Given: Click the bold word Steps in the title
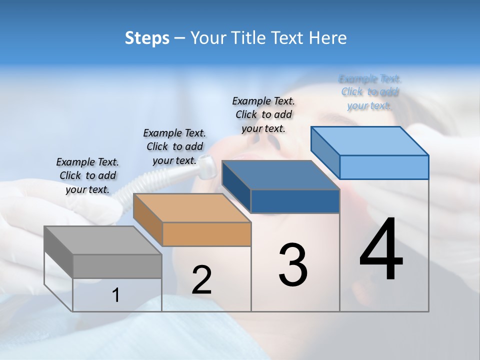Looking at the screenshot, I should [x=147, y=38].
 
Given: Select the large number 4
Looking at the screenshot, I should [x=381, y=250].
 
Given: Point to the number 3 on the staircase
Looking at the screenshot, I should [x=293, y=265].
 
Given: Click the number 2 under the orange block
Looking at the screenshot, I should [x=201, y=280].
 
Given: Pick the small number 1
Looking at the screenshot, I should [x=116, y=295].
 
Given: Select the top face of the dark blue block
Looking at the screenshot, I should [x=280, y=175].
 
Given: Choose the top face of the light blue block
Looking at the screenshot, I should [x=369, y=140].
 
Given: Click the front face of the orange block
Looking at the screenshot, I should [x=207, y=234].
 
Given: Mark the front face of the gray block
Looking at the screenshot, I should [x=117, y=266].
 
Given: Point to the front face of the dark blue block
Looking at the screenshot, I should [x=295, y=201].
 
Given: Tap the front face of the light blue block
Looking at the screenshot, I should [x=384, y=167].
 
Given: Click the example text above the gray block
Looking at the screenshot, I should [x=87, y=175].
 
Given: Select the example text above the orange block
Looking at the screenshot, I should [x=174, y=146].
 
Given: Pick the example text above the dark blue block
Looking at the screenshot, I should [x=263, y=114].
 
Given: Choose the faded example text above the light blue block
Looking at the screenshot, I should [x=370, y=92].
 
